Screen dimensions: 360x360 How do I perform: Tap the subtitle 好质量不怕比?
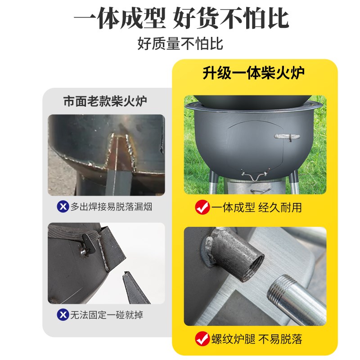(x=180, y=44)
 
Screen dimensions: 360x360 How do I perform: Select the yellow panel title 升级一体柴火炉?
(x=254, y=73)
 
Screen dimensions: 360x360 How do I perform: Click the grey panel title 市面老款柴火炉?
(x=105, y=101)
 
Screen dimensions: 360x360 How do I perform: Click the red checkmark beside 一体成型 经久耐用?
(x=202, y=207)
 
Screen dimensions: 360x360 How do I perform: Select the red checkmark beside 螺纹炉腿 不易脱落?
(x=202, y=338)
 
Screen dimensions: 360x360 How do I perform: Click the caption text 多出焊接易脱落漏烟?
(x=112, y=207)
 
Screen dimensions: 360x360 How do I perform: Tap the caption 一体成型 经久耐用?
(x=256, y=207)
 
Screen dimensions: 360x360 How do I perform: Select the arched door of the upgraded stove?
(x=254, y=144)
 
